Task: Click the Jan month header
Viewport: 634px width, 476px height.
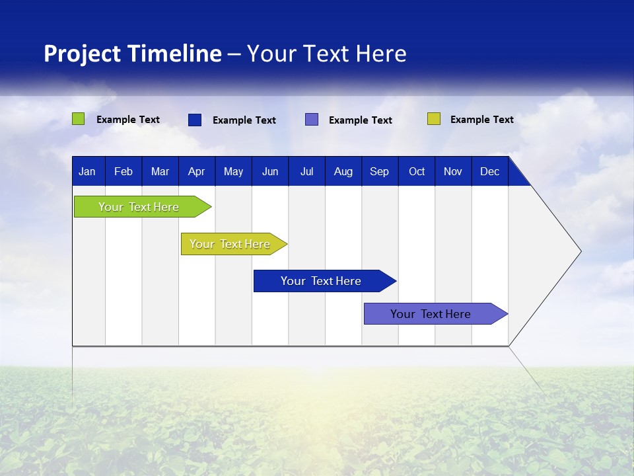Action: [x=87, y=172]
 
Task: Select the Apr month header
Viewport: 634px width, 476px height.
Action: [x=196, y=172]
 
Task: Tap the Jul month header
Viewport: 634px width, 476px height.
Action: [x=306, y=172]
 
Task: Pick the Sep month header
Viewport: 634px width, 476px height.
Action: [x=379, y=172]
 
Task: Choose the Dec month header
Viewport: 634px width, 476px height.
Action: [x=489, y=172]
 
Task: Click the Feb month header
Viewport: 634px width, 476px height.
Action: [x=123, y=172]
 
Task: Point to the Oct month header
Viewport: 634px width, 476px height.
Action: [x=417, y=172]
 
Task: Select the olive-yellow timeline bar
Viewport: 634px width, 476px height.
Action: [x=231, y=244]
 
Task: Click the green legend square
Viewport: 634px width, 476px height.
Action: [x=78, y=119]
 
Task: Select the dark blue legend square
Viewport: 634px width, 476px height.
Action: [x=195, y=120]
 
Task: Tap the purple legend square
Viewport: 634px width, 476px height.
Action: [x=312, y=120]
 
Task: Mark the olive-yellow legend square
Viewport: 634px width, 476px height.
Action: [x=433, y=119]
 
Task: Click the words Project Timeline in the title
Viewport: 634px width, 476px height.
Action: [x=132, y=54]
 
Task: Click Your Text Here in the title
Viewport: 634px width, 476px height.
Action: [x=326, y=54]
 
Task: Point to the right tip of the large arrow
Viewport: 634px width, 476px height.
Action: [x=579, y=251]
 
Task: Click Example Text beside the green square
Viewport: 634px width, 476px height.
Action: [x=127, y=120]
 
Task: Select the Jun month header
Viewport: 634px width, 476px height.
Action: [x=269, y=172]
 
